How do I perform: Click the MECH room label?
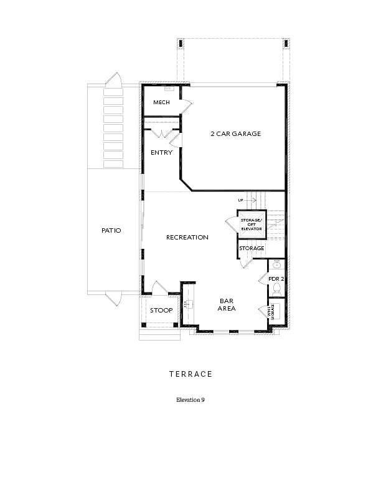point(161,103)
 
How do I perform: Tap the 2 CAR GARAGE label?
point(235,134)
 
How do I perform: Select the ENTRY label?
point(161,153)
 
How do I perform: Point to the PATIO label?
point(111,231)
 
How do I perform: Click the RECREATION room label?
point(187,238)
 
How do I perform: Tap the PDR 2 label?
point(276,278)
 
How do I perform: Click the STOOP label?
point(161,310)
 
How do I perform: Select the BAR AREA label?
point(226,304)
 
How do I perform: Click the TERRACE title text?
point(190,374)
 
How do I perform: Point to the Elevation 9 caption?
point(190,400)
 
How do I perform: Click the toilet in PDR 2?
point(277,289)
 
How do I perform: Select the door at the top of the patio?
point(113,80)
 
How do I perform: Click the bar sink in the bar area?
point(192,304)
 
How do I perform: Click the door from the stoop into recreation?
point(159,289)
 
